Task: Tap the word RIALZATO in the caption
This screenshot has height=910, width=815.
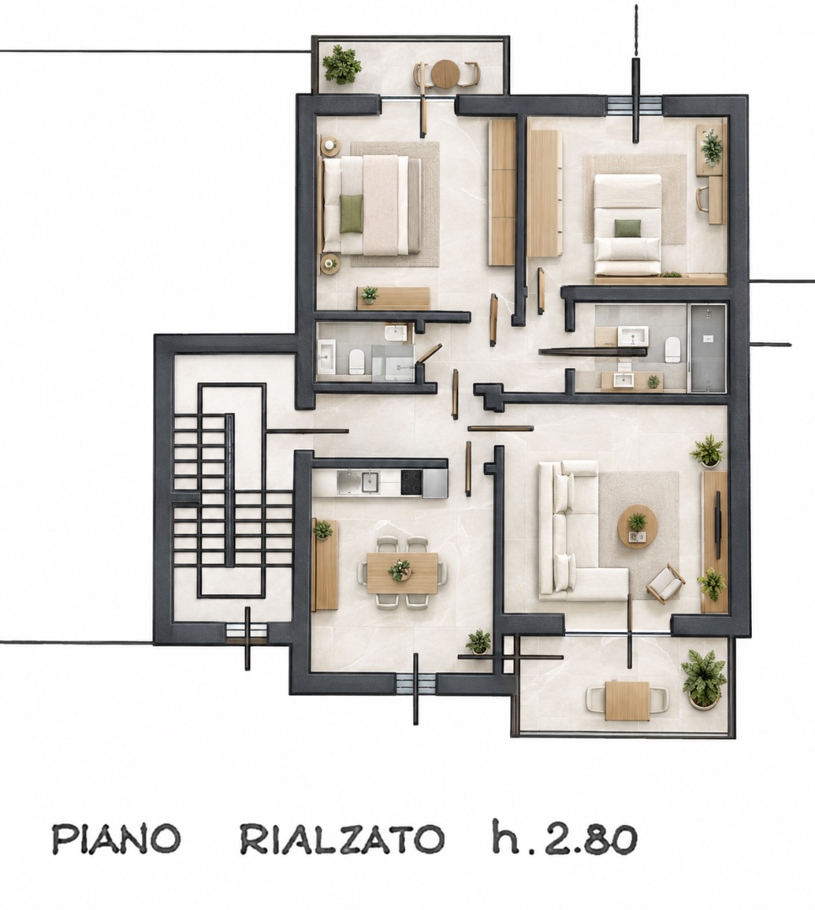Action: coord(342,838)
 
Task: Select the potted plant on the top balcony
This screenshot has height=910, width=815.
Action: coord(342,64)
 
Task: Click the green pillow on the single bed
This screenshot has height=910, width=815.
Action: coord(627,228)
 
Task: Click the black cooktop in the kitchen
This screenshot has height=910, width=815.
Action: coord(412,482)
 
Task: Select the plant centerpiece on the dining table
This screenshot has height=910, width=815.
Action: coord(400,570)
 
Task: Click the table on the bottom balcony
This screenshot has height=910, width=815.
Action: coord(627,700)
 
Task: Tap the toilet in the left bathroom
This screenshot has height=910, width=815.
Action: coord(356,362)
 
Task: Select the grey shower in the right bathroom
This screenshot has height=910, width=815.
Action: coord(706,348)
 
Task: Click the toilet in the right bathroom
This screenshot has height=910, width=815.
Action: coord(672,349)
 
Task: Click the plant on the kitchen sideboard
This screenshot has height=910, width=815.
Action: coord(322,529)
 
